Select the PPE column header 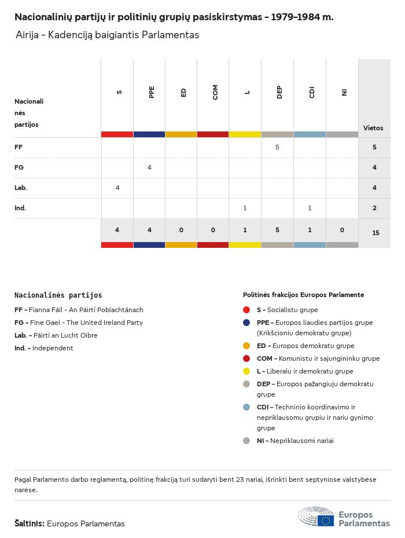pyautogui.click(x=152, y=93)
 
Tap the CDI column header pyautogui.click(x=312, y=93)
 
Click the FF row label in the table pyautogui.click(x=19, y=148)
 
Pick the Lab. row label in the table pyautogui.click(x=21, y=188)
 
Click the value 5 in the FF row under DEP pyautogui.click(x=277, y=148)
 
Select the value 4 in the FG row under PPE pyautogui.click(x=149, y=167)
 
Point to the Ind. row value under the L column pyautogui.click(x=245, y=208)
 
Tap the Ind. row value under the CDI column pyautogui.click(x=310, y=208)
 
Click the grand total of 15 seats pyautogui.click(x=375, y=233)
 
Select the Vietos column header pyautogui.click(x=373, y=128)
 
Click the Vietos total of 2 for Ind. pyautogui.click(x=374, y=208)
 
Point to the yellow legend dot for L pyautogui.click(x=246, y=371)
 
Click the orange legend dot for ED pyautogui.click(x=246, y=346)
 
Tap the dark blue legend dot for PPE pyautogui.click(x=246, y=323)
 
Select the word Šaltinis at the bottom pyautogui.click(x=29, y=524)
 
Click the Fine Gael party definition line pyautogui.click(x=79, y=323)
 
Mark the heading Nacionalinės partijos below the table pyautogui.click(x=58, y=295)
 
